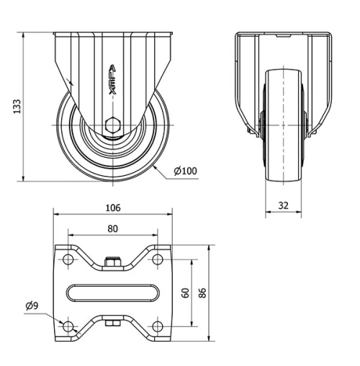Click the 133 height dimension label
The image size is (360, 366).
[x=16, y=107]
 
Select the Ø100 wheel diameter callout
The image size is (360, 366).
[x=186, y=171]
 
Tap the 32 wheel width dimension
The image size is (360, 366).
[x=283, y=205]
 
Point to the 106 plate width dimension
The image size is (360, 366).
[x=113, y=208]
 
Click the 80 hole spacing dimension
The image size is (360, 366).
[x=113, y=229]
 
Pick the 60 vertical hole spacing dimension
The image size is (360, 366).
[x=186, y=293]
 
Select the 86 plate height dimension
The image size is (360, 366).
[x=204, y=293]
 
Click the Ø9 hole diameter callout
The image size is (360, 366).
[x=31, y=306]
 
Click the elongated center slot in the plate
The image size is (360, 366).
[x=113, y=293]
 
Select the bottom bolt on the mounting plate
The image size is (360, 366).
[x=112, y=323]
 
